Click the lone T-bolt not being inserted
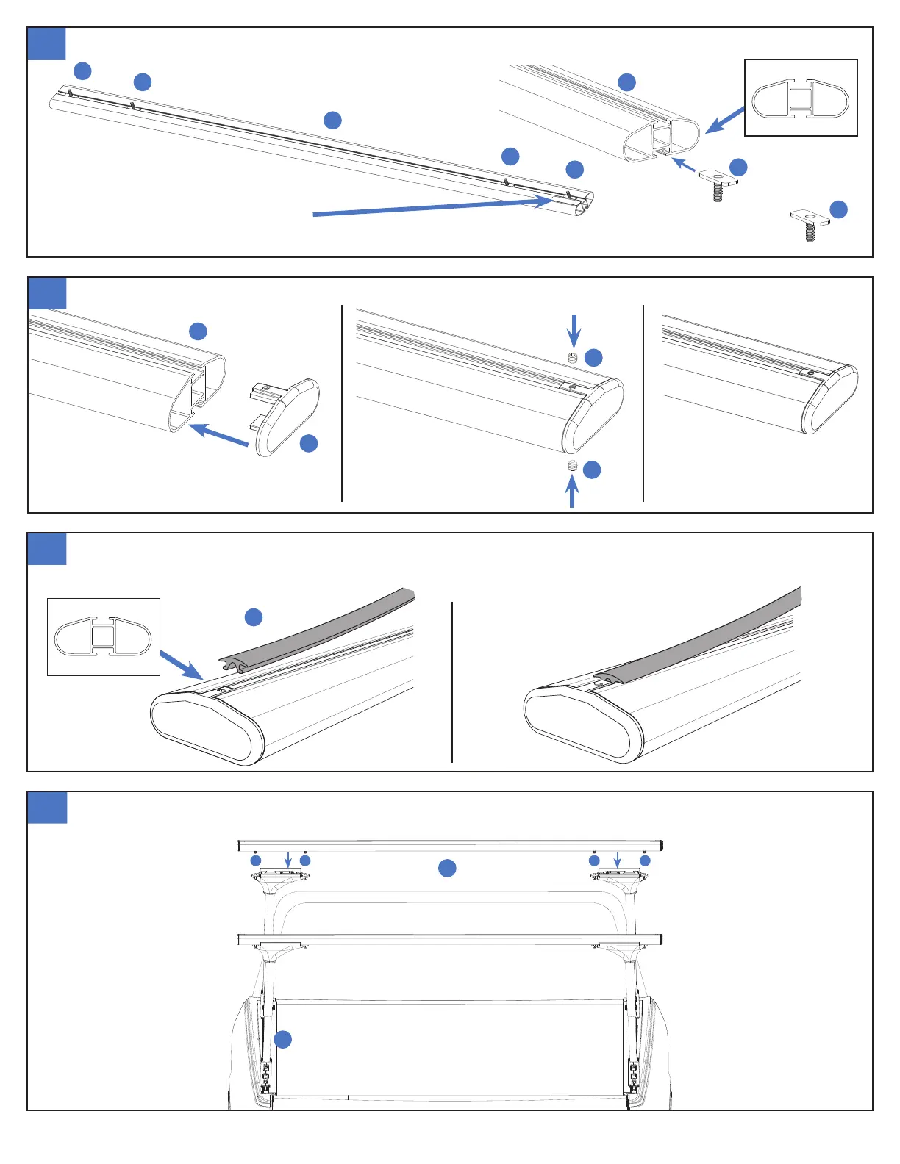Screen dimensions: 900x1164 point(809,223)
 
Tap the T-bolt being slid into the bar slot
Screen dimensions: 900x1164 point(717,184)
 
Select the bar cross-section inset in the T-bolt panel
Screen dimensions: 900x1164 point(801,98)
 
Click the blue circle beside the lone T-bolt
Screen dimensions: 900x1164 point(838,209)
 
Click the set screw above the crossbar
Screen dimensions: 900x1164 point(573,358)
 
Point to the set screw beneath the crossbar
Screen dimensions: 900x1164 point(572,467)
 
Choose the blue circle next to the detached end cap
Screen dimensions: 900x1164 point(309,443)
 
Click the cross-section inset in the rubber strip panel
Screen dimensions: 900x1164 point(104,636)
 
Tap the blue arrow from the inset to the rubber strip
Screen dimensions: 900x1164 point(181,664)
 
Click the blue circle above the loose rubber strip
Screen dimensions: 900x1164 point(253,617)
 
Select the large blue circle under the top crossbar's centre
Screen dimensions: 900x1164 point(447,868)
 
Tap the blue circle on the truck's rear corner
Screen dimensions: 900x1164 point(282,1039)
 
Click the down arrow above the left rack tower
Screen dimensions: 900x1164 point(288,859)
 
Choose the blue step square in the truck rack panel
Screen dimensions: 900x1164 point(47,808)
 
